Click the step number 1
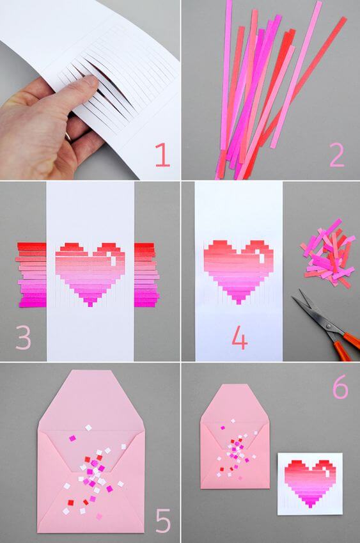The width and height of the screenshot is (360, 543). (162, 154)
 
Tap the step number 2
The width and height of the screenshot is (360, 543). (336, 154)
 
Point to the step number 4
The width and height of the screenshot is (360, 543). (239, 338)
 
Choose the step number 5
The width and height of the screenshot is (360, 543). (163, 519)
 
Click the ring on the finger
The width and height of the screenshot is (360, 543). (68, 136)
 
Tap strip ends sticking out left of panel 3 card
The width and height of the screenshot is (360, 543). (31, 275)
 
